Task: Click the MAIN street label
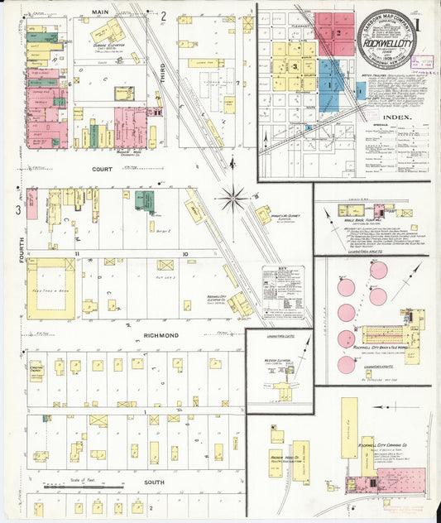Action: (100, 12)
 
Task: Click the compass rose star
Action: (234, 199)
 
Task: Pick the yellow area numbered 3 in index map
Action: (294, 65)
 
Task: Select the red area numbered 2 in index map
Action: (338, 32)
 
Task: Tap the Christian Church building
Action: (37, 367)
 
